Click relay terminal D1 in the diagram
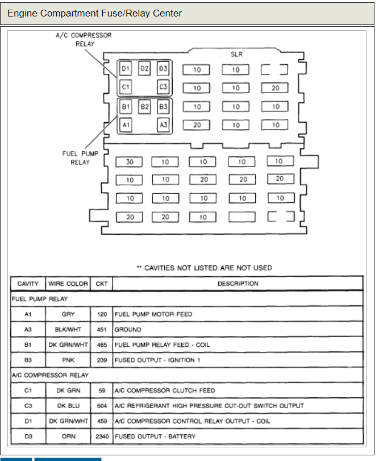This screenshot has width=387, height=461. [126, 69]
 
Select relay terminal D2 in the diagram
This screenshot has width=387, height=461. [144, 69]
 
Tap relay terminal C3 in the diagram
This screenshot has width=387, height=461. [164, 87]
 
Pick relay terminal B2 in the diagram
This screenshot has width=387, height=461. [144, 106]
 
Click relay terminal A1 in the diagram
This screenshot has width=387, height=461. [126, 124]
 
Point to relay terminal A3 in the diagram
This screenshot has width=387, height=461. [164, 124]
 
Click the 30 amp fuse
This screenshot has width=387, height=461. [130, 162]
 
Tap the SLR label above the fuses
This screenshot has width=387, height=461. [237, 55]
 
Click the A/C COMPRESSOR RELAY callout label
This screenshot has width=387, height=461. [84, 39]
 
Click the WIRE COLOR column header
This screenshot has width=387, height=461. [68, 284]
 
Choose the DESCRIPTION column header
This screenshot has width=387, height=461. [238, 284]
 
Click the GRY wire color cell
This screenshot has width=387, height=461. [68, 314]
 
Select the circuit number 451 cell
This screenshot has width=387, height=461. [102, 330]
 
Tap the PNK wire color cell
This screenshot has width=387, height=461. [68, 360]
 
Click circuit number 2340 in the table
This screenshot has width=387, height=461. [101, 437]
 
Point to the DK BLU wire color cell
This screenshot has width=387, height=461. [68, 406]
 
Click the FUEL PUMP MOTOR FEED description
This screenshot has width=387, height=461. [153, 314]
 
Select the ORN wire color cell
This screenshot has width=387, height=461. [68, 437]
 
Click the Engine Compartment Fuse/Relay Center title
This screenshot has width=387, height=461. [95, 13]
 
